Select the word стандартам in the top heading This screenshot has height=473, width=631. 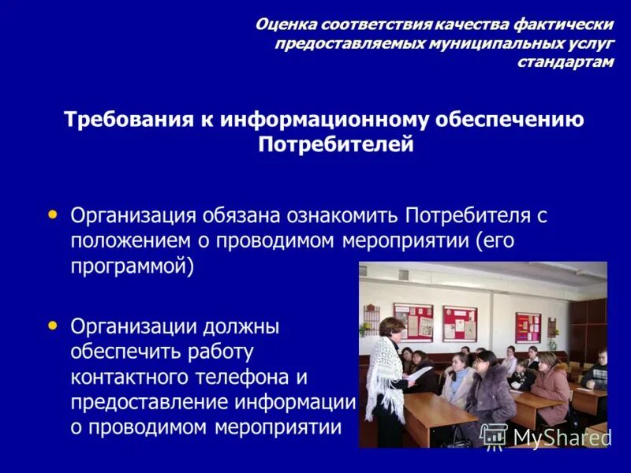565,62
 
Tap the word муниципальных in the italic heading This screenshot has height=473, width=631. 483,43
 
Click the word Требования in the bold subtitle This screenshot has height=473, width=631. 124,120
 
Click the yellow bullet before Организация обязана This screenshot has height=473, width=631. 53,214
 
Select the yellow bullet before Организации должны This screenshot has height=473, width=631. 53,324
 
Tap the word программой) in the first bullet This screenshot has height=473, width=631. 132,266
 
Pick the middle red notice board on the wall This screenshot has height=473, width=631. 459,322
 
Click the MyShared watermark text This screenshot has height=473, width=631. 561,438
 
